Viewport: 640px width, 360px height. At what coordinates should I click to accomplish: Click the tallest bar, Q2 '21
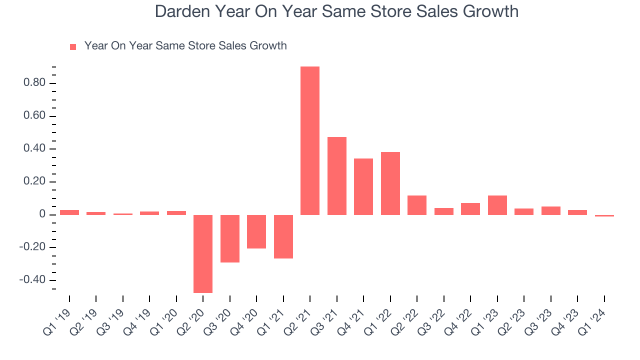310,140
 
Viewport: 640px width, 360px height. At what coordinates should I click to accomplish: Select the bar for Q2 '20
203,253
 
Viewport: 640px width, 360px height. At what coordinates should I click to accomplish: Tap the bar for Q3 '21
337,176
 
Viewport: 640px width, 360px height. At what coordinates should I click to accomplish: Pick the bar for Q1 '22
390,183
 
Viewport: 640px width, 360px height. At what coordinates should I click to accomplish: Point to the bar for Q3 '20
230,238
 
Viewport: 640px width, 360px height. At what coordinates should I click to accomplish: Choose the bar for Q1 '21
283,236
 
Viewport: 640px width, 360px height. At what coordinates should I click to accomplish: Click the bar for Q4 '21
363,186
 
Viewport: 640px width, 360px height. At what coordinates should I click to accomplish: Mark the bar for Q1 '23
497,205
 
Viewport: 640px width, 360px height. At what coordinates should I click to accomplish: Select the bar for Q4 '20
256,231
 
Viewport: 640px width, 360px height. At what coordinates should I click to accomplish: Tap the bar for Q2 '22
417,205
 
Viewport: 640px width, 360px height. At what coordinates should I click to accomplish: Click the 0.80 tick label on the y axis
34,83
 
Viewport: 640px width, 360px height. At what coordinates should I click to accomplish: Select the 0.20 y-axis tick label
34,181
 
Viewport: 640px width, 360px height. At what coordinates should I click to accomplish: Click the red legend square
73,47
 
